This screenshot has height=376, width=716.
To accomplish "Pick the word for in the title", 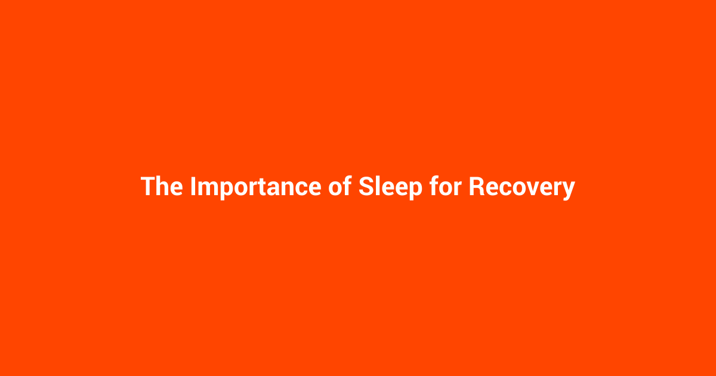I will point(445,187).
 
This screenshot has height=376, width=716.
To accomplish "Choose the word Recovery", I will point(521,187).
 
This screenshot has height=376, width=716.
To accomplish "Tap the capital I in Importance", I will point(193,187).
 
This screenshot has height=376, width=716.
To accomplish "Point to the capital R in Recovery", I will point(476,187).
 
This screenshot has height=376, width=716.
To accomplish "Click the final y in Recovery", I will point(568,190).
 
